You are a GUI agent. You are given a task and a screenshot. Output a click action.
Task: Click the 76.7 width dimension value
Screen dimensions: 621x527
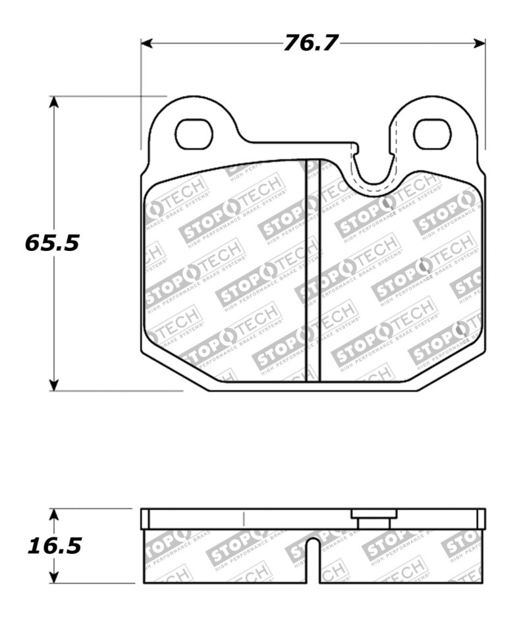[311, 43]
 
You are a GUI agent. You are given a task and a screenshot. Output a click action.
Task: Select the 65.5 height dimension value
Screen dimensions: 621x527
[52, 243]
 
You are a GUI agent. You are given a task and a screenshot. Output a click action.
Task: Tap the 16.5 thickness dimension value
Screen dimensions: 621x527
[54, 546]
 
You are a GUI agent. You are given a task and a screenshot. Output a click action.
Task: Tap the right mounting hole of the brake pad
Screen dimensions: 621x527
[431, 134]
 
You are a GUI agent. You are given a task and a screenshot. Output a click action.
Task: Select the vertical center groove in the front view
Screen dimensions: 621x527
[313, 270]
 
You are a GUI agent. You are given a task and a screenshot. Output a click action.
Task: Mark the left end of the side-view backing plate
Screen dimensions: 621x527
[145, 519]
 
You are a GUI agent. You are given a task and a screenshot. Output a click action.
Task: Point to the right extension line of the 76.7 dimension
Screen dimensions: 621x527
[485, 99]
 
